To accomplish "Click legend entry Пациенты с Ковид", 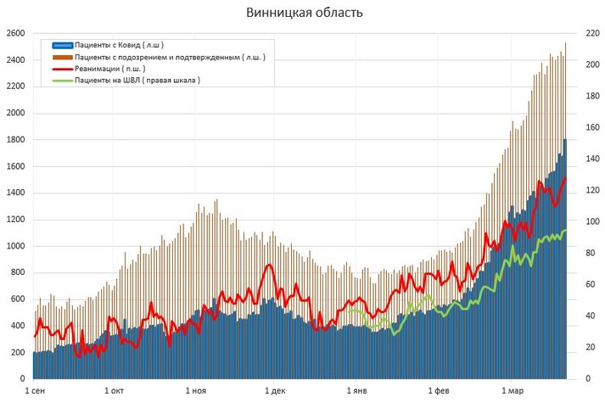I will coord(118,45).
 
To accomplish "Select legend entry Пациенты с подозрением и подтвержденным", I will coord(169,57).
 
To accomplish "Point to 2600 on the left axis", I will coord(14,34).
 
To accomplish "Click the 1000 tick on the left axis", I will coord(14,247).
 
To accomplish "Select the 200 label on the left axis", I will coord(16,353).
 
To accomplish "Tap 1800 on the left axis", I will coord(14,140).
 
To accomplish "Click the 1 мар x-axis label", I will coord(513,391).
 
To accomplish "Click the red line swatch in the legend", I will coord(62,69).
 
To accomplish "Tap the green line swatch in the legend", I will coord(62,81).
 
